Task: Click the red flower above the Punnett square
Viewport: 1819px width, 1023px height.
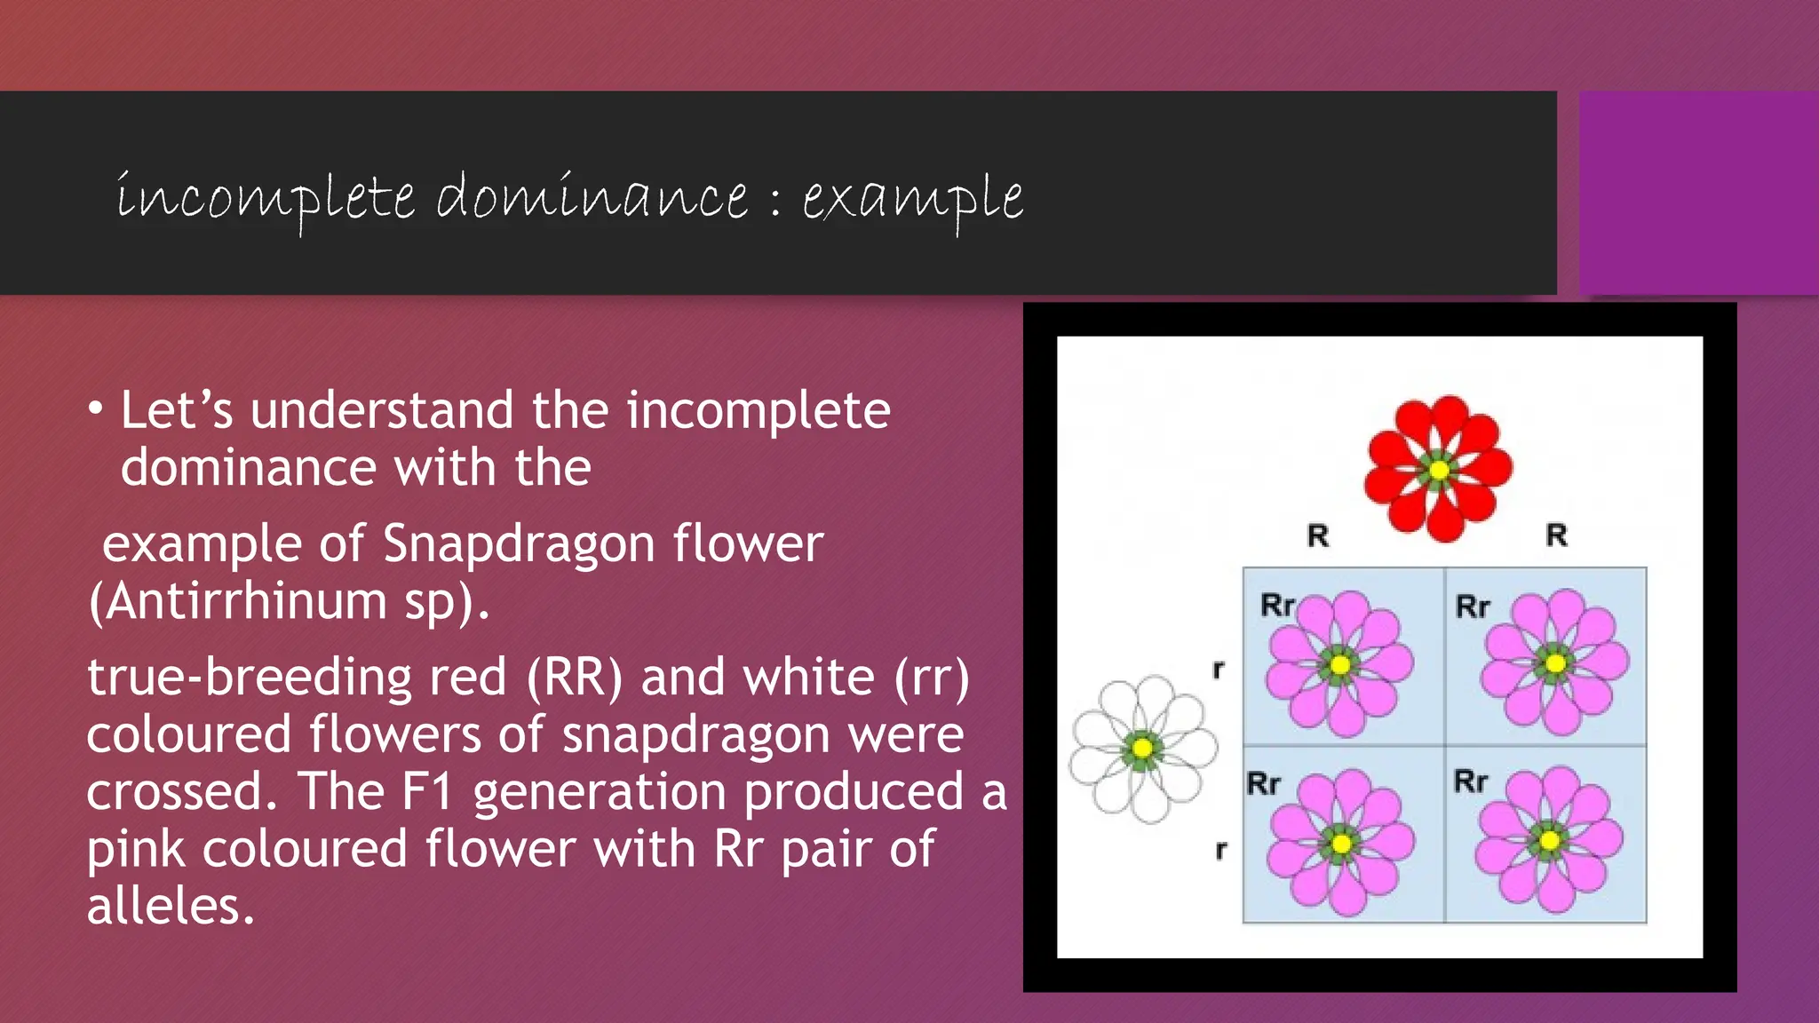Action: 1439,469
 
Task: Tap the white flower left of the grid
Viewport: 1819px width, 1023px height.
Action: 1143,749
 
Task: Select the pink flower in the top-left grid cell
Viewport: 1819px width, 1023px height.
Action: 1340,664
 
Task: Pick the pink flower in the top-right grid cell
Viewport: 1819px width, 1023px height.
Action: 1555,662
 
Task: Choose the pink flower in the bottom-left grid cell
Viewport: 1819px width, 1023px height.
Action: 1341,843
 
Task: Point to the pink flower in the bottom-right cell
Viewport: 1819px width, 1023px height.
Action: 1550,840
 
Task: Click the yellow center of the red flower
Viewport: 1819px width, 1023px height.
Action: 1439,470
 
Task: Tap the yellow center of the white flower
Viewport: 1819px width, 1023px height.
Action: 1143,749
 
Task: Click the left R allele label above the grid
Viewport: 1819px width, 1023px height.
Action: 1318,535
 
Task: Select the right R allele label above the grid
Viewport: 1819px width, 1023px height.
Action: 1557,535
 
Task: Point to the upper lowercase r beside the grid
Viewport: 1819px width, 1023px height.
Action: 1219,670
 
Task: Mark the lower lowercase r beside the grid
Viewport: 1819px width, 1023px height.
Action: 1221,851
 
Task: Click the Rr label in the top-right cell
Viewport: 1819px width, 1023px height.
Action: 1473,607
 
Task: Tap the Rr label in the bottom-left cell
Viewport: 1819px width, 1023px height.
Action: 1263,783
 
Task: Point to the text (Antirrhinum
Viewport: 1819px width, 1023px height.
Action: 238,601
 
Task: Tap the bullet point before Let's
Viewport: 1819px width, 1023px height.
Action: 96,410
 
